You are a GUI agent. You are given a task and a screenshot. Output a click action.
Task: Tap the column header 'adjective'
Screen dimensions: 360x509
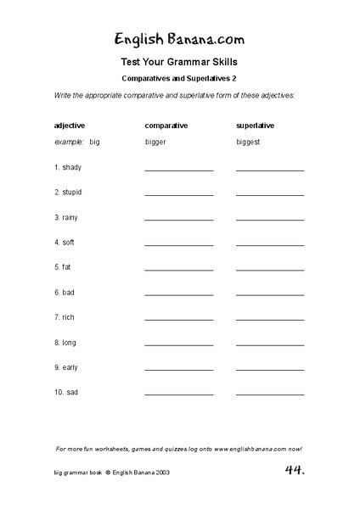[70, 126]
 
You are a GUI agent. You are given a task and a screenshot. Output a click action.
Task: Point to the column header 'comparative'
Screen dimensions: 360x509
[166, 126]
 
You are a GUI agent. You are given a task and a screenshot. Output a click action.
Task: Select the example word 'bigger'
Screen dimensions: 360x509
[156, 142]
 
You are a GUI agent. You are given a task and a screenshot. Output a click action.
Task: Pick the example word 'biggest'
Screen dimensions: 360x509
[249, 142]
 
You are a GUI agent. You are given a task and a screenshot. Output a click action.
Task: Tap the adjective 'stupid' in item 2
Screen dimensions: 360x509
[72, 193]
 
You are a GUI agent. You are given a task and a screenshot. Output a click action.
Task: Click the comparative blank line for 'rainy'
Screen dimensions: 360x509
[178, 221]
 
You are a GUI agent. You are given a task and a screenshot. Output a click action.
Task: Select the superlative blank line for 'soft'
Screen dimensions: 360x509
[270, 245]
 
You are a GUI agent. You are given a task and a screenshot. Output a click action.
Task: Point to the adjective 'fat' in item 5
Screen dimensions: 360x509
[67, 267]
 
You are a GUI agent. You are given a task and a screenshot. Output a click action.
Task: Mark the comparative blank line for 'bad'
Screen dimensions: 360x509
[178, 295]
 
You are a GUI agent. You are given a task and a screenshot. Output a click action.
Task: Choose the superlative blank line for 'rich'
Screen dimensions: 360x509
[270, 320]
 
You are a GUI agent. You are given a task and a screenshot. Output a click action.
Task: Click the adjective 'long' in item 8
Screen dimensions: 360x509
[70, 343]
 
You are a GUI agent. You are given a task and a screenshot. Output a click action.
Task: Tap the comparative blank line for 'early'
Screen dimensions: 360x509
[178, 370]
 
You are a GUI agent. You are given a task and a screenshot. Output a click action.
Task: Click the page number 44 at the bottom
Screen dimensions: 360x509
[295, 469]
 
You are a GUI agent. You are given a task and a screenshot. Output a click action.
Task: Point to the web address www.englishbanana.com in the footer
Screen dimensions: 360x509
[250, 448]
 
